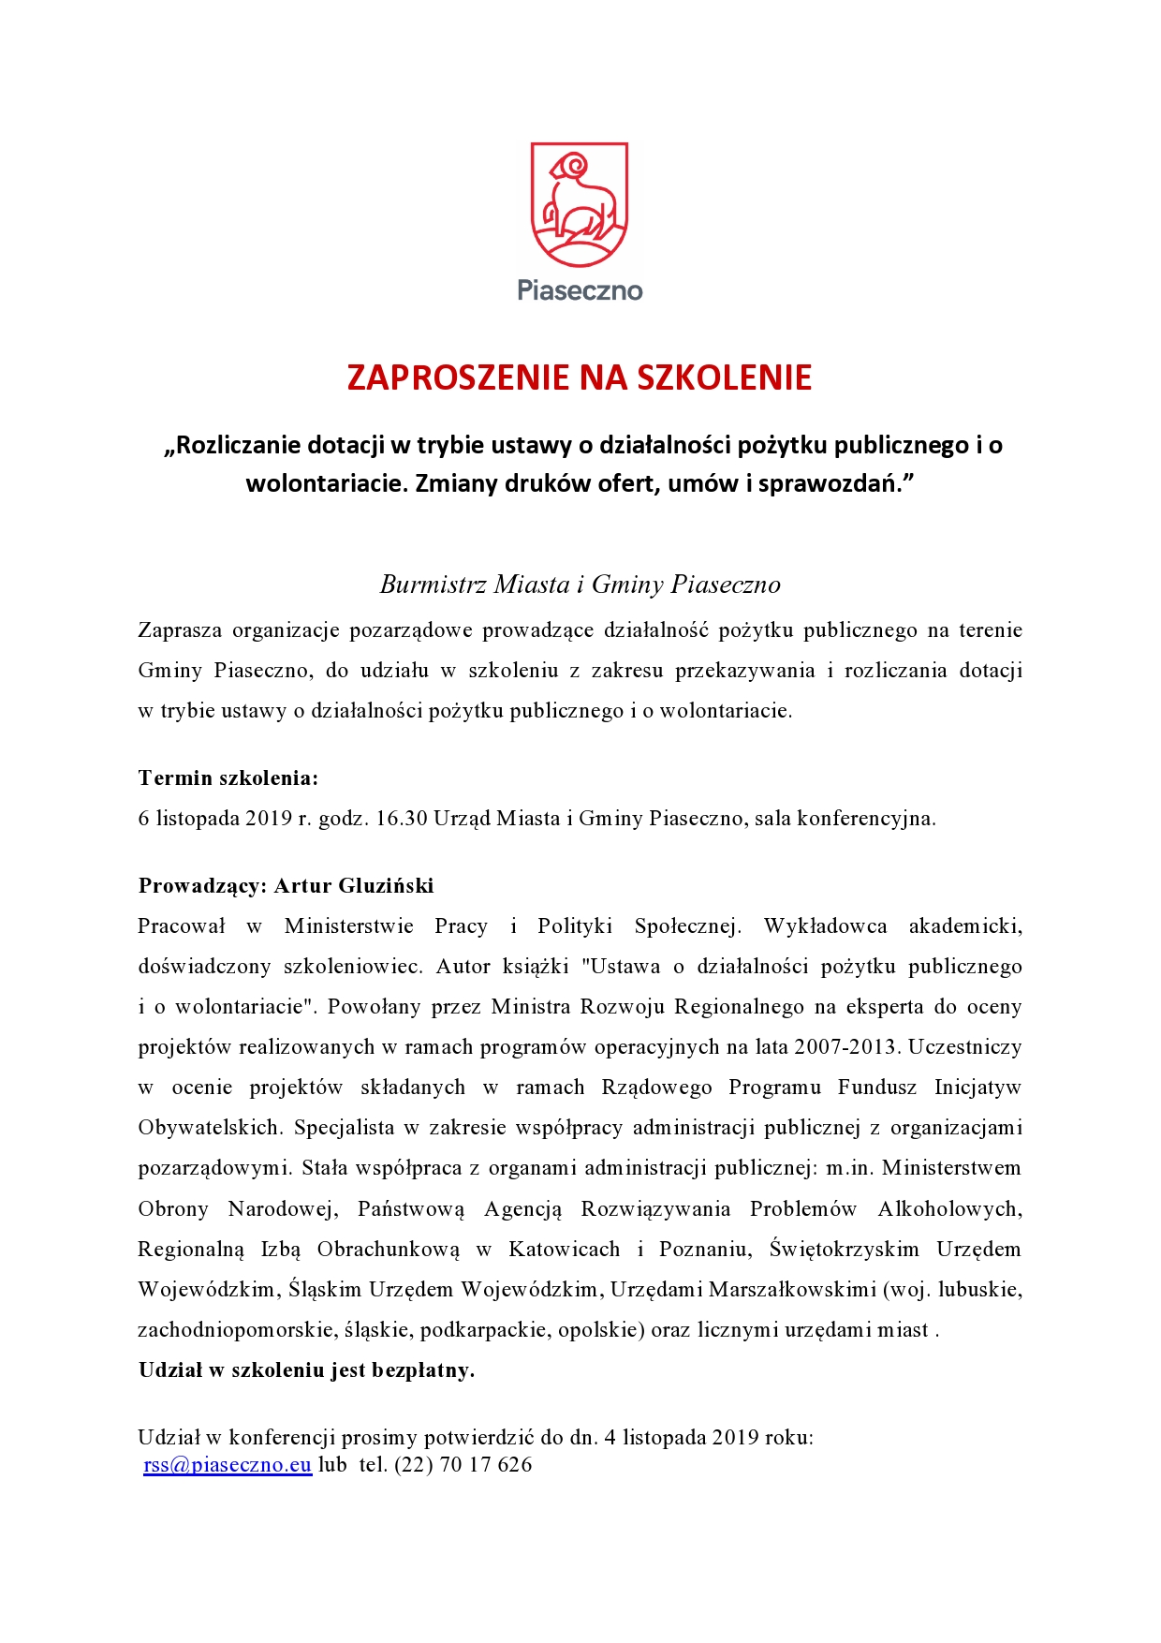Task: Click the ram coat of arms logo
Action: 580,204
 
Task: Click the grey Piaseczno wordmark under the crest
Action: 580,290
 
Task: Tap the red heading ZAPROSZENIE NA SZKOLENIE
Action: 580,377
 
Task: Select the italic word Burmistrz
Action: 434,585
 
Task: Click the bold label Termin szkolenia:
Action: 228,777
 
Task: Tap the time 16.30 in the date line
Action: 402,818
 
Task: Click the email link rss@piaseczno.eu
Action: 228,1464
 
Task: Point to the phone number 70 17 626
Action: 485,1464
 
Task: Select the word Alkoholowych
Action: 948,1208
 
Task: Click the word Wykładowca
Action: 825,925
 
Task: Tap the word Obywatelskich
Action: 210,1127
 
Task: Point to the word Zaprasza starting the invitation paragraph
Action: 179,629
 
